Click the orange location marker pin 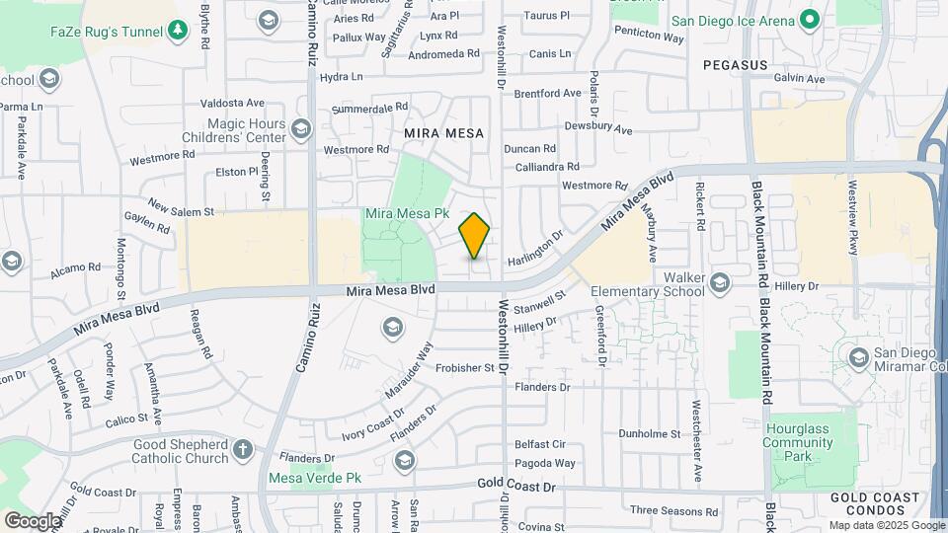pyautogui.click(x=475, y=236)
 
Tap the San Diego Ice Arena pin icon pyautogui.click(x=809, y=20)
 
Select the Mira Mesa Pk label pyautogui.click(x=407, y=213)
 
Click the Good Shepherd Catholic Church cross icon pyautogui.click(x=243, y=452)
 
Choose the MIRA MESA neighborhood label pyautogui.click(x=444, y=132)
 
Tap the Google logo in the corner pyautogui.click(x=33, y=520)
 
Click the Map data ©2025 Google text pyautogui.click(x=885, y=525)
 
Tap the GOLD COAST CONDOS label pyautogui.click(x=867, y=505)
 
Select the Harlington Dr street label pyautogui.click(x=534, y=249)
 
